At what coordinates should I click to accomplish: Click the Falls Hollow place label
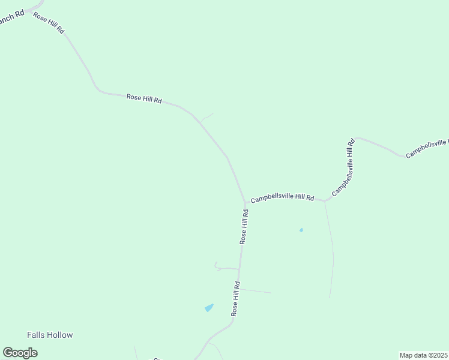(50, 335)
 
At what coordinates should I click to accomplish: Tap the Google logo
(20, 353)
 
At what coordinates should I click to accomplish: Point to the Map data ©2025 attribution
(424, 355)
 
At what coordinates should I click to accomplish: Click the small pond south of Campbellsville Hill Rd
(301, 230)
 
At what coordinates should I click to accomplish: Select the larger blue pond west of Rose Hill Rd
(209, 308)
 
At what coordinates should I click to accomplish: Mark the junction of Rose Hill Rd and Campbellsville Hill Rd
(246, 203)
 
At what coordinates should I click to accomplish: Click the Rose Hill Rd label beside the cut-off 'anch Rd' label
(49, 23)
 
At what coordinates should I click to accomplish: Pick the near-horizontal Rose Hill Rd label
(144, 99)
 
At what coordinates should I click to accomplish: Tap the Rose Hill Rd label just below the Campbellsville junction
(244, 226)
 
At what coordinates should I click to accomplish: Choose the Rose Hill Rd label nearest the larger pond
(236, 299)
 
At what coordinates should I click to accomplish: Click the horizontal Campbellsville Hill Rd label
(282, 197)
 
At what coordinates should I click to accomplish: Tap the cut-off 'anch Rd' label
(11, 18)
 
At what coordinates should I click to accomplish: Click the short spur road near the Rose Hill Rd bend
(206, 116)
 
